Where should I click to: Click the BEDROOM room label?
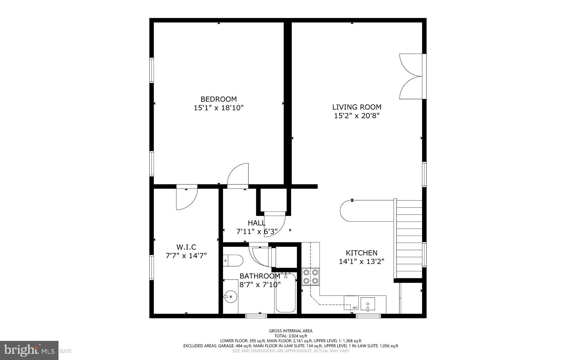point(219,99)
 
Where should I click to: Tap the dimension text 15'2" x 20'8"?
point(357,116)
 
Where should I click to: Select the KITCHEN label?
point(361,253)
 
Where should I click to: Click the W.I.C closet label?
point(186,247)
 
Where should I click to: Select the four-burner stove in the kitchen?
point(310,276)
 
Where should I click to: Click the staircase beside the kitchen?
point(409,239)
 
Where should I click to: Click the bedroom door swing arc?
point(238,175)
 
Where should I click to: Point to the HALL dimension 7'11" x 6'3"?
point(257,232)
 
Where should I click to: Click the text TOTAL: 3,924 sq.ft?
point(291,336)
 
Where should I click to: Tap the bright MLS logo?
point(29,350)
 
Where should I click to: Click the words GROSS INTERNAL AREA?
point(291,331)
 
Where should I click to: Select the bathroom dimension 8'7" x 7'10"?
point(260,285)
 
